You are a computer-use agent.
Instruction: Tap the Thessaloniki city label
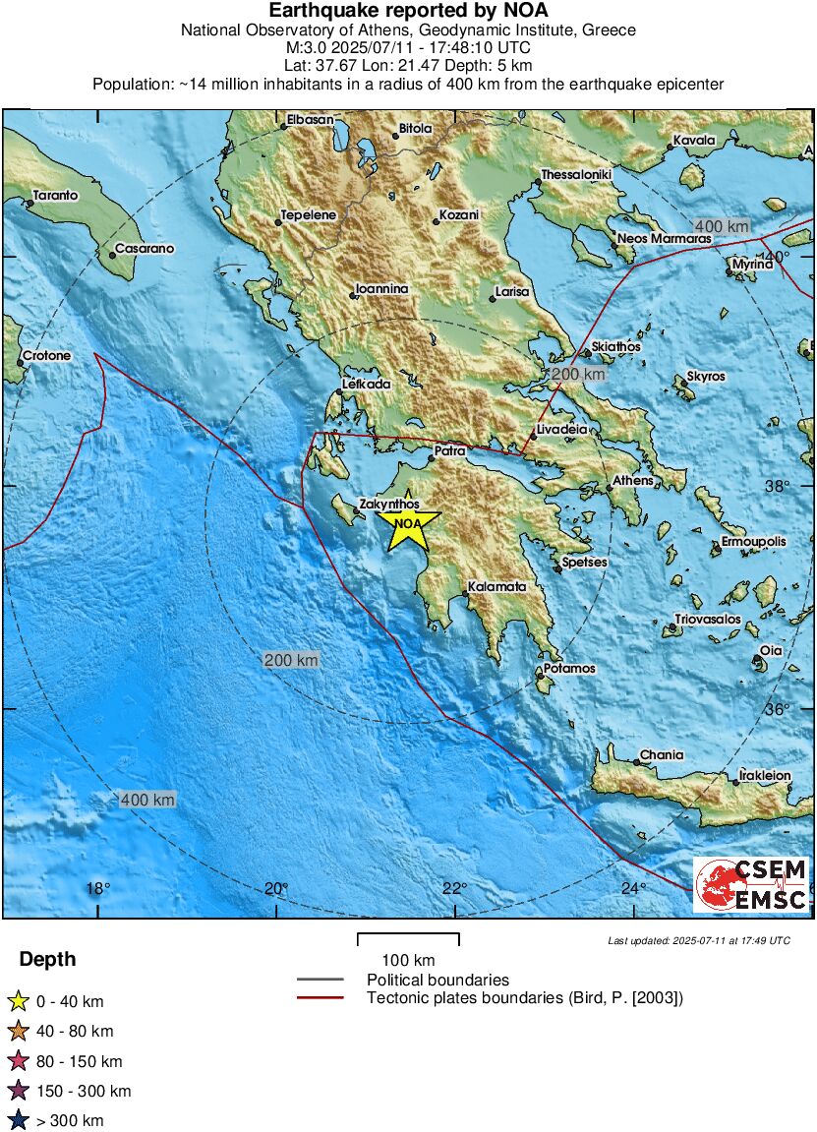[578, 175]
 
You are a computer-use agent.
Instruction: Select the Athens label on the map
[632, 481]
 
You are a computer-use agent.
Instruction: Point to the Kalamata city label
[497, 587]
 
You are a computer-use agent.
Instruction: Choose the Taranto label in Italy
[55, 196]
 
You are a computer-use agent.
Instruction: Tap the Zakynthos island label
[388, 504]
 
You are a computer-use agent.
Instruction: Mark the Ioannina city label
[381, 290]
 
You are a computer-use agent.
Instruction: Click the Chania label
[662, 755]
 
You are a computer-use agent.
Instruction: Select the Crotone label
[46, 355]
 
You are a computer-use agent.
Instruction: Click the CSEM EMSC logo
[750, 884]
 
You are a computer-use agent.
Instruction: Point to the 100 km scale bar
[408, 938]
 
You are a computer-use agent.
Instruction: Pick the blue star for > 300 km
[17, 1120]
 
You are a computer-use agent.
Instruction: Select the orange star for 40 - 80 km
[17, 1032]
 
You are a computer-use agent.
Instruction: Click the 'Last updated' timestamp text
[698, 941]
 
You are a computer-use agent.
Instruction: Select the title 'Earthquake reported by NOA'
[408, 11]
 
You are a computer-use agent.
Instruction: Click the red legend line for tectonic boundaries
[321, 998]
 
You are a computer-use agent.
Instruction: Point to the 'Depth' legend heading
[47, 960]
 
